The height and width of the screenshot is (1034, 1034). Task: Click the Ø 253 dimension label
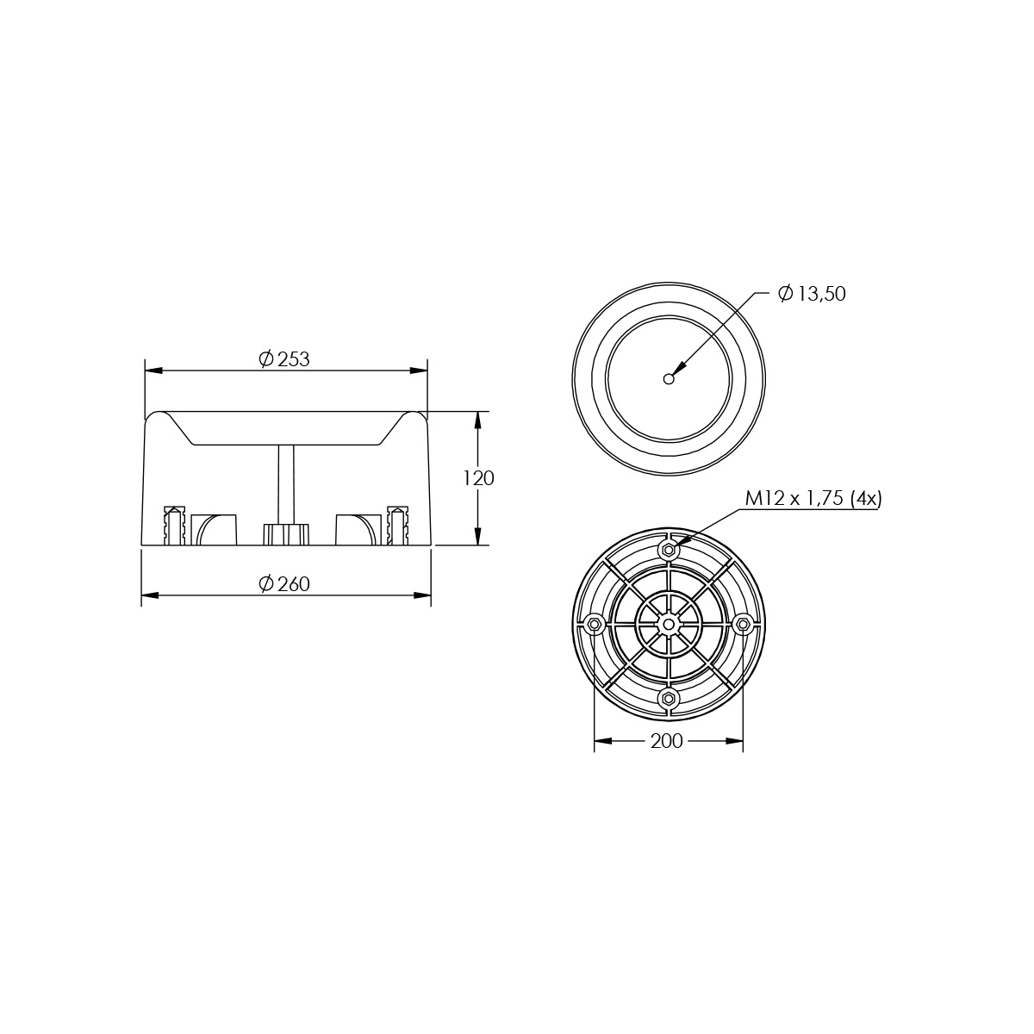click(284, 359)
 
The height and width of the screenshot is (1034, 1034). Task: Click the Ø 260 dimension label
click(284, 584)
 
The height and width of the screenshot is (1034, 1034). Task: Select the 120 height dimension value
click(478, 478)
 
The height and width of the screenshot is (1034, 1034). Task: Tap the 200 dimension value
click(666, 741)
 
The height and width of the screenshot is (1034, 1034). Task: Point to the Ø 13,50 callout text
click(812, 294)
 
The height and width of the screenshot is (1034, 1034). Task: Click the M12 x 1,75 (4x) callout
click(813, 499)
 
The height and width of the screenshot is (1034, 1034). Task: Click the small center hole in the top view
click(669, 379)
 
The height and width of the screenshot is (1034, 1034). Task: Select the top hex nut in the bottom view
click(669, 550)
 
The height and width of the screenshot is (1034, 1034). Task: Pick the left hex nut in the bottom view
click(594, 624)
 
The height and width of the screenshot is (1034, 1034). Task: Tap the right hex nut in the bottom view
click(743, 624)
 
